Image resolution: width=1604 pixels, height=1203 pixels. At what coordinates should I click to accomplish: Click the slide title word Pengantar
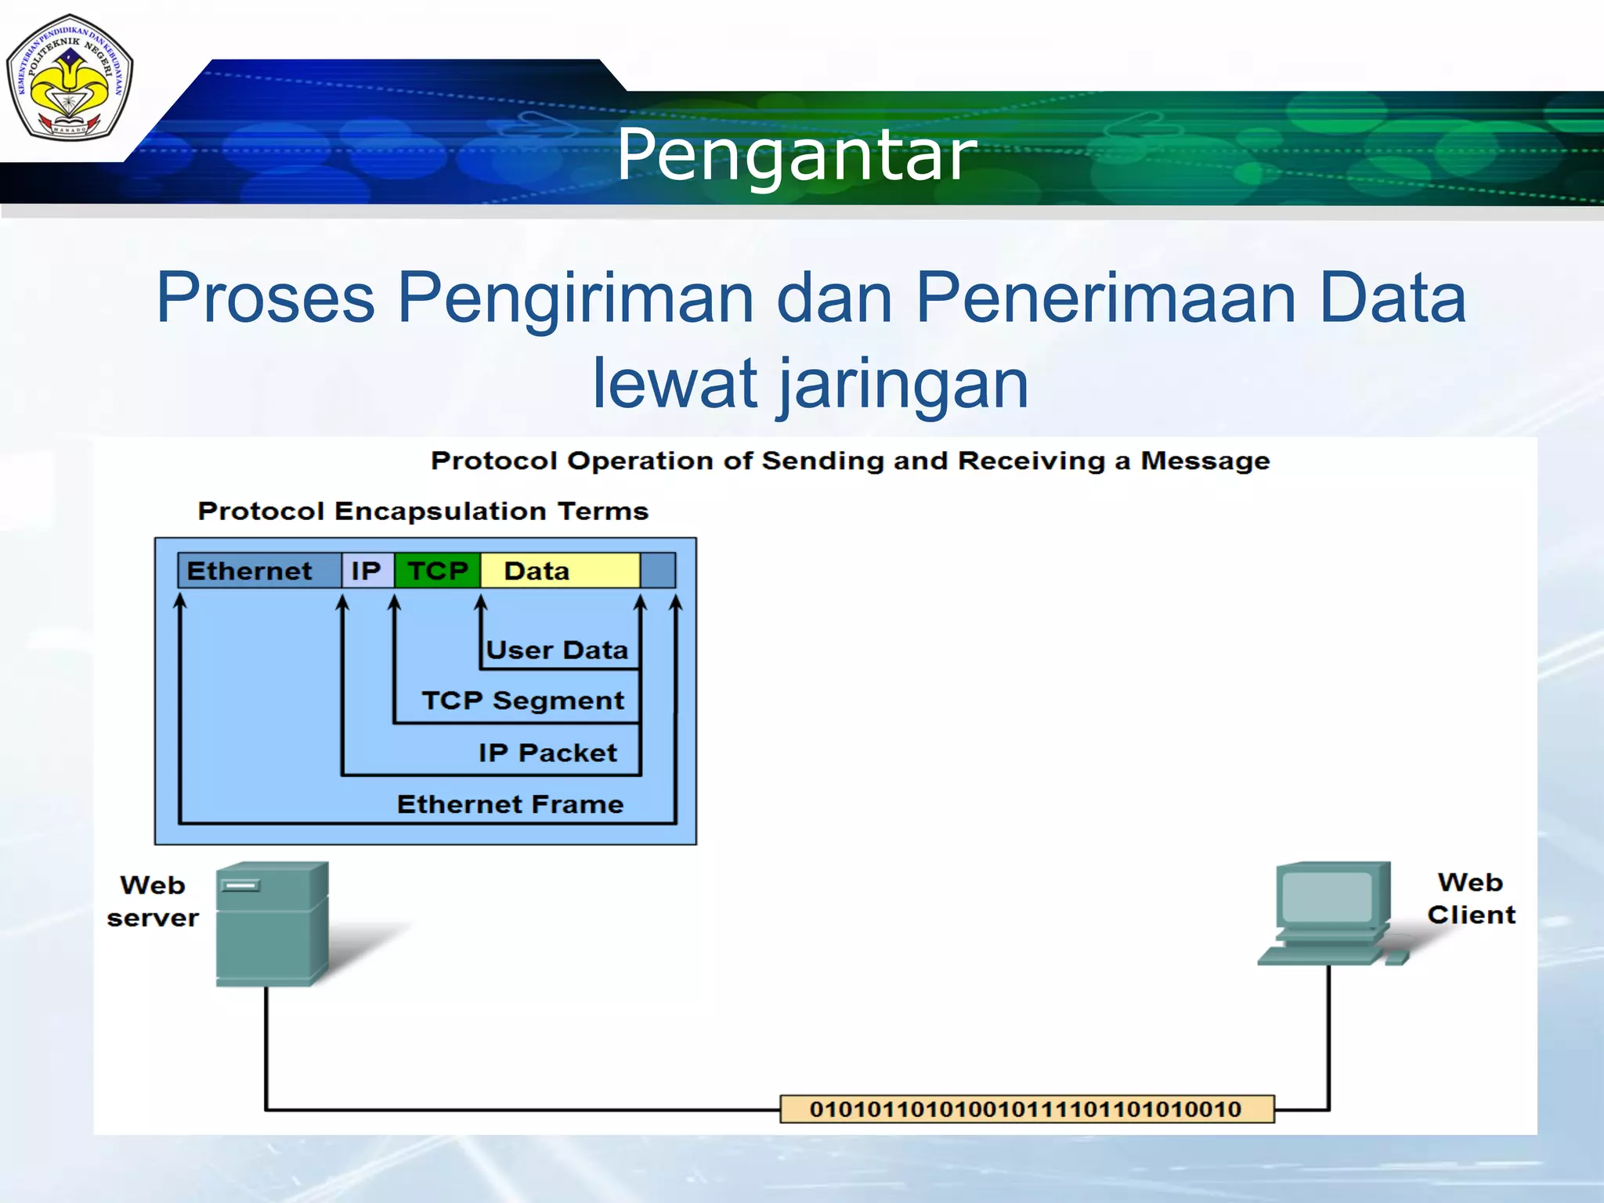(797, 154)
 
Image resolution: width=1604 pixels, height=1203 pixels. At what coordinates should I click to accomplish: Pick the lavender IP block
(367, 570)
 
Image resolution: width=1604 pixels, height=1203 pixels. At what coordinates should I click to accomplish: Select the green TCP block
(437, 570)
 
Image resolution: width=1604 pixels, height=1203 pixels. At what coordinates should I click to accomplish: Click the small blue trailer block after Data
(658, 570)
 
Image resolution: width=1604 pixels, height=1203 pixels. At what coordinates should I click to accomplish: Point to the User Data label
(557, 650)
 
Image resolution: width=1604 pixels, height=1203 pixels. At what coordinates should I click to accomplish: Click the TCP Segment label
(523, 700)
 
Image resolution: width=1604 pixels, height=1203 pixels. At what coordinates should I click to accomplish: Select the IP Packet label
(547, 753)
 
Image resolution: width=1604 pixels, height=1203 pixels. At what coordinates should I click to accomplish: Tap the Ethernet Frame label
(510, 804)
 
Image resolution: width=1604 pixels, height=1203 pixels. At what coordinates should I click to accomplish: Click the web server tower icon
(270, 924)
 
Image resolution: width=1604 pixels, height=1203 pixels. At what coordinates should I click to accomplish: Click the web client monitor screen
(1327, 896)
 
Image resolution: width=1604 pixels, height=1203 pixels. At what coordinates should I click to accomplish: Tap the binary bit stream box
(1026, 1109)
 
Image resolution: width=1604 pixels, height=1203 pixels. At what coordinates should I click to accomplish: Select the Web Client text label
(1471, 898)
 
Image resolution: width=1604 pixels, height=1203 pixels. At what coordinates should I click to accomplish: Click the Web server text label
(153, 901)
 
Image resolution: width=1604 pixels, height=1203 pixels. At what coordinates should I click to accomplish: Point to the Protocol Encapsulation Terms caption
(423, 511)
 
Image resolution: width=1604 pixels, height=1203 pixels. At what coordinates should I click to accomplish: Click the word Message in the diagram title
(1205, 461)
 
